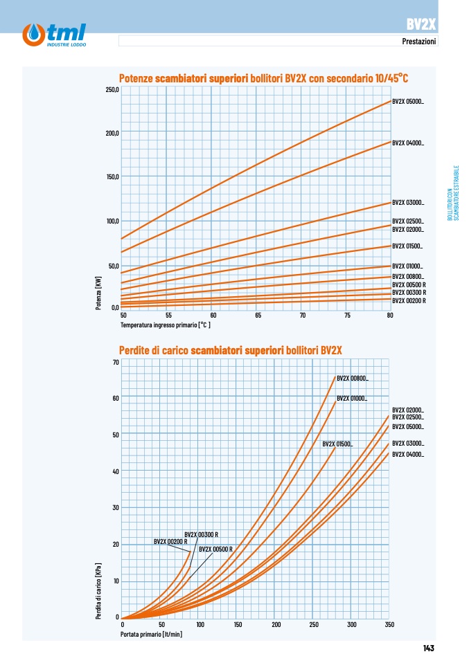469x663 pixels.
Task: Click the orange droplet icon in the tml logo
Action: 34,35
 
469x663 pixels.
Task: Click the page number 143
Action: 428,648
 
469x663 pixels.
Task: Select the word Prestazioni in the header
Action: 418,41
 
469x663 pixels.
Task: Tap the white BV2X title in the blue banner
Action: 421,24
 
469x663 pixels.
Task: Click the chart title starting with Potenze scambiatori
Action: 263,78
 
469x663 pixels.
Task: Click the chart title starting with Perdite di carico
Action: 230,350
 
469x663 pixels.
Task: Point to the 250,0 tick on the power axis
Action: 112,90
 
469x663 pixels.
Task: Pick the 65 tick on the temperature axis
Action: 258,316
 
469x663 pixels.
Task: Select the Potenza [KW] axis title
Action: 98,293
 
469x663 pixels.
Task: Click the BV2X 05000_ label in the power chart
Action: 407,102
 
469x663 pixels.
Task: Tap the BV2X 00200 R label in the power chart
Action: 409,301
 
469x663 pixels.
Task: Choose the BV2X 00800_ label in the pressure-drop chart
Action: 353,379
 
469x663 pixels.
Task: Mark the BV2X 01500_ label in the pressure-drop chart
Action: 337,444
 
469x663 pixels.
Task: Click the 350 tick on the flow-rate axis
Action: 389,624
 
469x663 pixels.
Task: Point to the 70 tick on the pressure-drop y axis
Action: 116,363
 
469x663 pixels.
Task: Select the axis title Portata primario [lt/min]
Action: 152,634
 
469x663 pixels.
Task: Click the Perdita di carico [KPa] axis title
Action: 98,591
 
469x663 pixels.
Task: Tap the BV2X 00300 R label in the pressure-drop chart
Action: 202,535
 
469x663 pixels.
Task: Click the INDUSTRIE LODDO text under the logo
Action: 67,44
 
